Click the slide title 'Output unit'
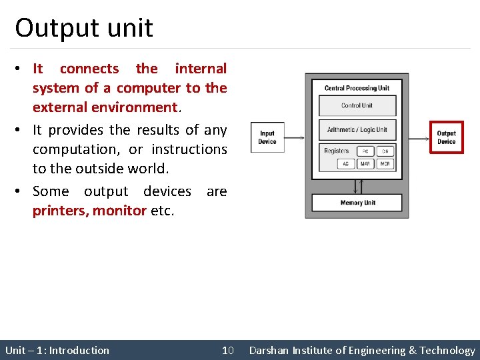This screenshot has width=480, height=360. [84, 28]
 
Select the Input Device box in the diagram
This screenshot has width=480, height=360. [267, 137]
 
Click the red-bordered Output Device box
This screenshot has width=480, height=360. [446, 137]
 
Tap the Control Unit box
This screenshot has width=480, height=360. [357, 105]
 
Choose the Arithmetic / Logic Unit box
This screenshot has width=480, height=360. [357, 129]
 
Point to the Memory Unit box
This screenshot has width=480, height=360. [357, 202]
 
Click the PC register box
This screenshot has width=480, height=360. [366, 151]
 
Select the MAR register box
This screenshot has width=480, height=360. [366, 164]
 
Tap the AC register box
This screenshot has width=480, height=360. [345, 164]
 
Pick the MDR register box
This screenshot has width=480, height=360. [385, 164]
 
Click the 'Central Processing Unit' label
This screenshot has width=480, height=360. [357, 88]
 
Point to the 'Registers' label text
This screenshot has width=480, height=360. [336, 151]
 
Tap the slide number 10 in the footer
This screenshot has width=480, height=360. [228, 350]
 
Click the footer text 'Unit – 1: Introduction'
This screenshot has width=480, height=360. [57, 350]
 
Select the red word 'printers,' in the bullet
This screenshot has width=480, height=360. [61, 211]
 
